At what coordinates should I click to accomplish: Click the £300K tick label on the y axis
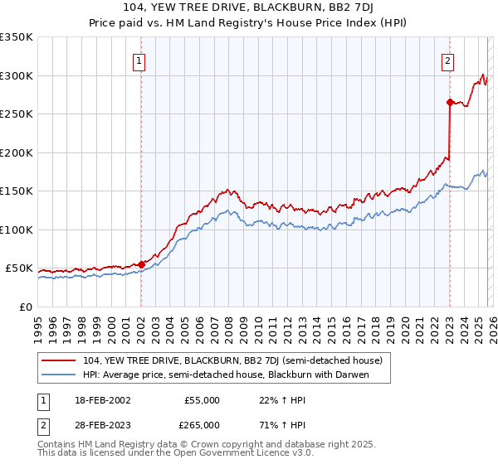pos(17,75)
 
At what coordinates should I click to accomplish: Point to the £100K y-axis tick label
pos(17,230)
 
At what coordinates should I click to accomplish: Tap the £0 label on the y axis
pos(26,307)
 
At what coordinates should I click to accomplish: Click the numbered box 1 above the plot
pos(139,60)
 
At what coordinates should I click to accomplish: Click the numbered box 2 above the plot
pos(447,60)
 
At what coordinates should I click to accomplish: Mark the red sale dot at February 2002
pos(141,264)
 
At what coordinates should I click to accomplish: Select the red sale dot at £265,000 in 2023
pos(449,103)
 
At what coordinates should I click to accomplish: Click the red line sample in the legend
pos(58,361)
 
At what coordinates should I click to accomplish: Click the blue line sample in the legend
pos(58,375)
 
